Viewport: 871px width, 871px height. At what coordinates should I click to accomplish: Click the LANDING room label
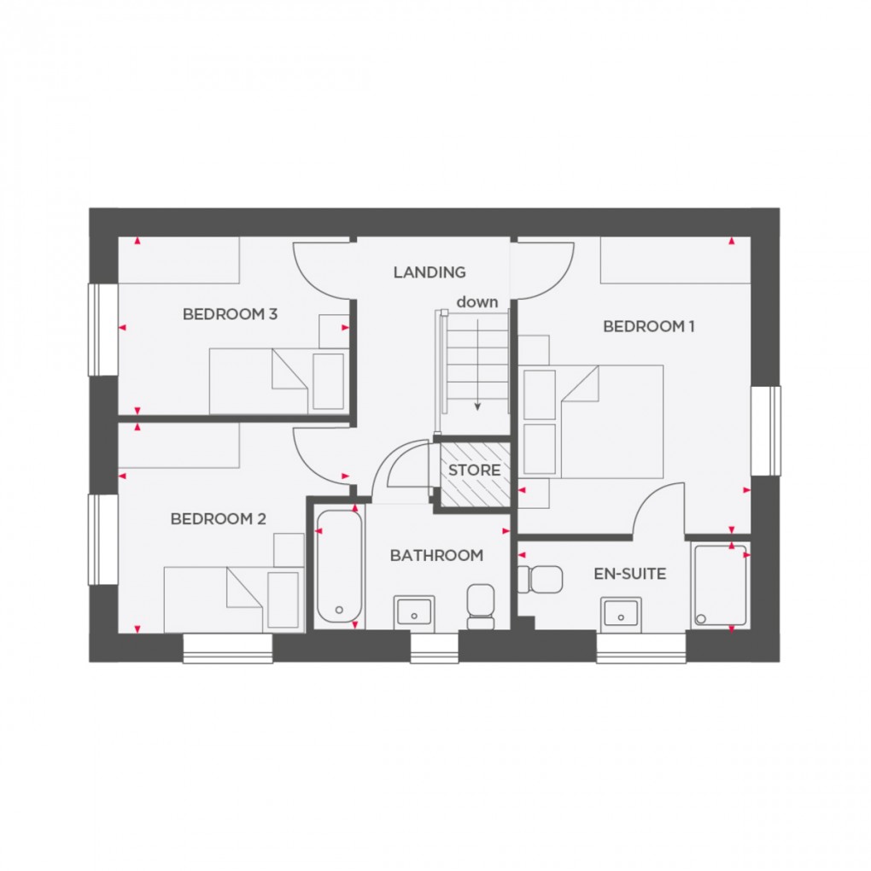430,272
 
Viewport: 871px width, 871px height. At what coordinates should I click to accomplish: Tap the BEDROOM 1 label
644,326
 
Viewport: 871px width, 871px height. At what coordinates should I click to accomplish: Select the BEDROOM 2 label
219,518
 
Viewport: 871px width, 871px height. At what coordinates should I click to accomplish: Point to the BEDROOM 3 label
230,314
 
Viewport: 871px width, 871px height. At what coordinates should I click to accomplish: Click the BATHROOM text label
436,555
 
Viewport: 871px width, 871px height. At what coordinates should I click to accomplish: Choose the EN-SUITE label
630,574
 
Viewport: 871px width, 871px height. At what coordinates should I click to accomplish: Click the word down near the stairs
476,301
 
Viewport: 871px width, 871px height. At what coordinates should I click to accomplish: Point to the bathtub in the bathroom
339,567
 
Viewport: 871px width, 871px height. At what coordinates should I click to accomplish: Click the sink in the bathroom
414,611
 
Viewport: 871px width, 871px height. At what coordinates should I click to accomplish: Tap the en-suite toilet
543,580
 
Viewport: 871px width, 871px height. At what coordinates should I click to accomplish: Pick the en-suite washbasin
621,611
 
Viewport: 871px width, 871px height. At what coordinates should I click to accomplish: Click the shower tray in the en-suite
720,585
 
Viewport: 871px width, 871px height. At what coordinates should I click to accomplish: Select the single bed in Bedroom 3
260,381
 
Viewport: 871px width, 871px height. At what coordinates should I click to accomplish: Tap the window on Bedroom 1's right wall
766,430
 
